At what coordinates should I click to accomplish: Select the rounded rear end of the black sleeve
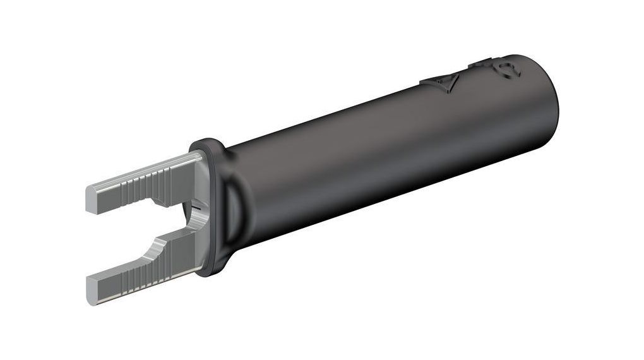549,107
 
